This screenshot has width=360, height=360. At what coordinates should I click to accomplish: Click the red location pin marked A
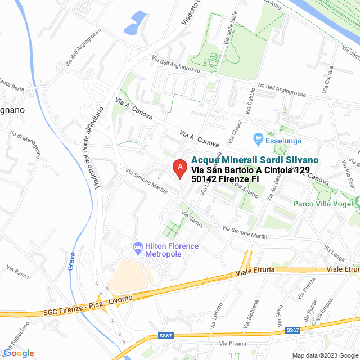179,168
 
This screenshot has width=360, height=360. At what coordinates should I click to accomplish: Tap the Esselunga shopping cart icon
259,138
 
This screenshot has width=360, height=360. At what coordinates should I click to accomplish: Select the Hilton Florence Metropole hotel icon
137,247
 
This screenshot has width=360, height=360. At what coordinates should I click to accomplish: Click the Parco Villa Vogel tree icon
357,201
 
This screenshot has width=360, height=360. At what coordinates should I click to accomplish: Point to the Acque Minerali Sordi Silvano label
255,160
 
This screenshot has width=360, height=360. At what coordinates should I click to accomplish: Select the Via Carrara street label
328,83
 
